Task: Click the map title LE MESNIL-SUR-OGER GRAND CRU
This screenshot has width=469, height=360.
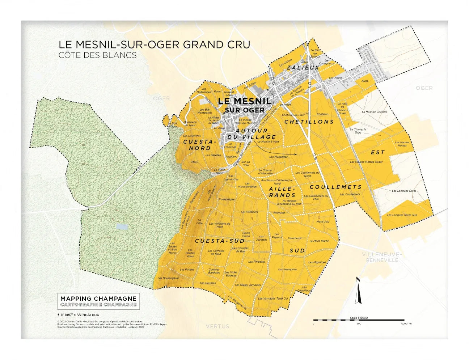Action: pos(154,45)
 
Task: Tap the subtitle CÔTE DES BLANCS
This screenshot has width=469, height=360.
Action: pos(97,55)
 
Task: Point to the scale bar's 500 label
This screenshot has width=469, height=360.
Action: pos(359,324)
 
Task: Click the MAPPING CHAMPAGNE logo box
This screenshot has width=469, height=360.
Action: pos(98,301)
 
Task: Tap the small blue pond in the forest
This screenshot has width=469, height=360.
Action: pos(121,227)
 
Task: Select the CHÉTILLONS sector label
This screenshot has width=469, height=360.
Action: pos(309,122)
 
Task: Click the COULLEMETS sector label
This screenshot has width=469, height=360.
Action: pos(335,187)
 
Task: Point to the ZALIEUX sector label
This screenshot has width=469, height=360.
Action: pos(303,68)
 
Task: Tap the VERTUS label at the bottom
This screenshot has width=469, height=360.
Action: pos(217,326)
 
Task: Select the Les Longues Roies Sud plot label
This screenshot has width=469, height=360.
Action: pos(402,215)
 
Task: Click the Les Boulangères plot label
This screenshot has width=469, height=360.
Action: pos(168,278)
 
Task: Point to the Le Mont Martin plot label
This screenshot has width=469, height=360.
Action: pos(319,241)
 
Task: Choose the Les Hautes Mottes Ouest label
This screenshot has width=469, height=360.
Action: pos(366,162)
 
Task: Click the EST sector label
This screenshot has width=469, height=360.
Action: pos(377,153)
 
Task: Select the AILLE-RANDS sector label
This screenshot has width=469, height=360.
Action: pos(282,192)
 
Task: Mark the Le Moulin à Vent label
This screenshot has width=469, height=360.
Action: pos(268,142)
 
